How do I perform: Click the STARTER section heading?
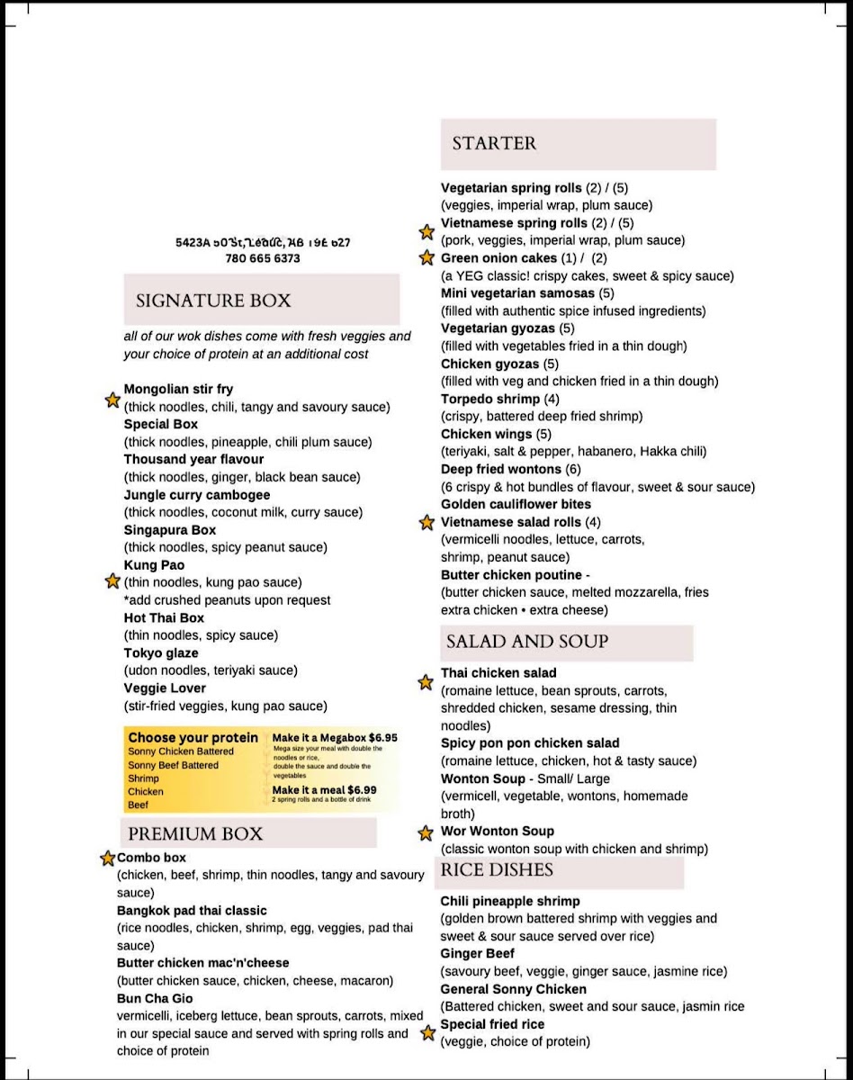pyautogui.click(x=494, y=143)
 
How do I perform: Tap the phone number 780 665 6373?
pyautogui.click(x=263, y=258)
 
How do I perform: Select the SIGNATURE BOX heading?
pyautogui.click(x=213, y=301)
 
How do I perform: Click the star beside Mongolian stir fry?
pyautogui.click(x=112, y=399)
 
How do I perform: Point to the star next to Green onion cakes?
pyautogui.click(x=426, y=258)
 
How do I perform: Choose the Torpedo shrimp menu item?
pyautogui.click(x=490, y=399)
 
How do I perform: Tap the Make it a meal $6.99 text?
pyautogui.click(x=325, y=790)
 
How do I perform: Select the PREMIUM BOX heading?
pyautogui.click(x=195, y=833)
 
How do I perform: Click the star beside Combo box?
pyautogui.click(x=107, y=859)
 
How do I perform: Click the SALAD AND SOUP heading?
pyautogui.click(x=527, y=642)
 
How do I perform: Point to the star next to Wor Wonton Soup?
pyautogui.click(x=426, y=832)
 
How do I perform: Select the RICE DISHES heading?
pyautogui.click(x=497, y=870)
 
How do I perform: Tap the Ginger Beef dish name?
pyautogui.click(x=477, y=954)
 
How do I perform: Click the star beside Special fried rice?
pyautogui.click(x=428, y=1033)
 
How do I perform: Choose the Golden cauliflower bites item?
pyautogui.click(x=516, y=504)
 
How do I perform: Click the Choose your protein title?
pyautogui.click(x=193, y=738)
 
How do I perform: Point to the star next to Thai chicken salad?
pyautogui.click(x=426, y=682)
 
